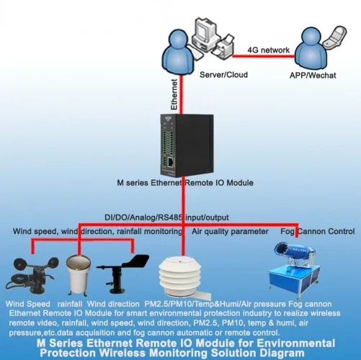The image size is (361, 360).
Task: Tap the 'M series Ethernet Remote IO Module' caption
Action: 185,184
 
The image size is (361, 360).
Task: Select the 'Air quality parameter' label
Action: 230,231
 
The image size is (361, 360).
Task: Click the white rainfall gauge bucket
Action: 78,274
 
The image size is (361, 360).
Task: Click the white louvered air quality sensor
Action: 179,276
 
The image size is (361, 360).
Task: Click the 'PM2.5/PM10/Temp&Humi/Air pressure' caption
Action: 208,305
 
